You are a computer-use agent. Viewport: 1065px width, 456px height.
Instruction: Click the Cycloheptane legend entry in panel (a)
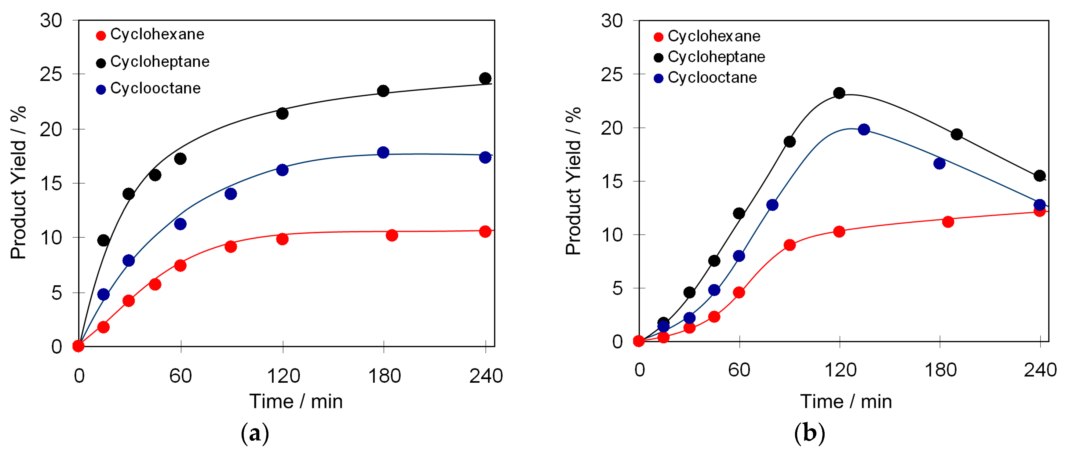(x=160, y=62)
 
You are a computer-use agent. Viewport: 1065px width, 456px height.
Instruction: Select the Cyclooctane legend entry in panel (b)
(x=712, y=78)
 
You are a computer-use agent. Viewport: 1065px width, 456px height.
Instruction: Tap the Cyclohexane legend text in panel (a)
(x=157, y=34)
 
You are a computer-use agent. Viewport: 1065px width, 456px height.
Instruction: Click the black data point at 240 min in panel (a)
(x=485, y=78)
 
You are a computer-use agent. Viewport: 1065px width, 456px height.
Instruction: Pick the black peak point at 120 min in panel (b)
(x=839, y=93)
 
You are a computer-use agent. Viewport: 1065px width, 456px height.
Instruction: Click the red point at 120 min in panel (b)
(x=839, y=232)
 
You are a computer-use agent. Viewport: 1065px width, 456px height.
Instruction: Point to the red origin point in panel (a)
(x=78, y=346)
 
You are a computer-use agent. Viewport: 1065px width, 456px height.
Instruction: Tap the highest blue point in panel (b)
(x=864, y=130)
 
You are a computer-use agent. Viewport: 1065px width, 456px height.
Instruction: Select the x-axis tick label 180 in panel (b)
(x=940, y=370)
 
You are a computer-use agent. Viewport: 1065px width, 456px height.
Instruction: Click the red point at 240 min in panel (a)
(x=485, y=232)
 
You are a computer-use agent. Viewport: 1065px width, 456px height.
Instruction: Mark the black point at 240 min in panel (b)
(x=1039, y=176)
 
